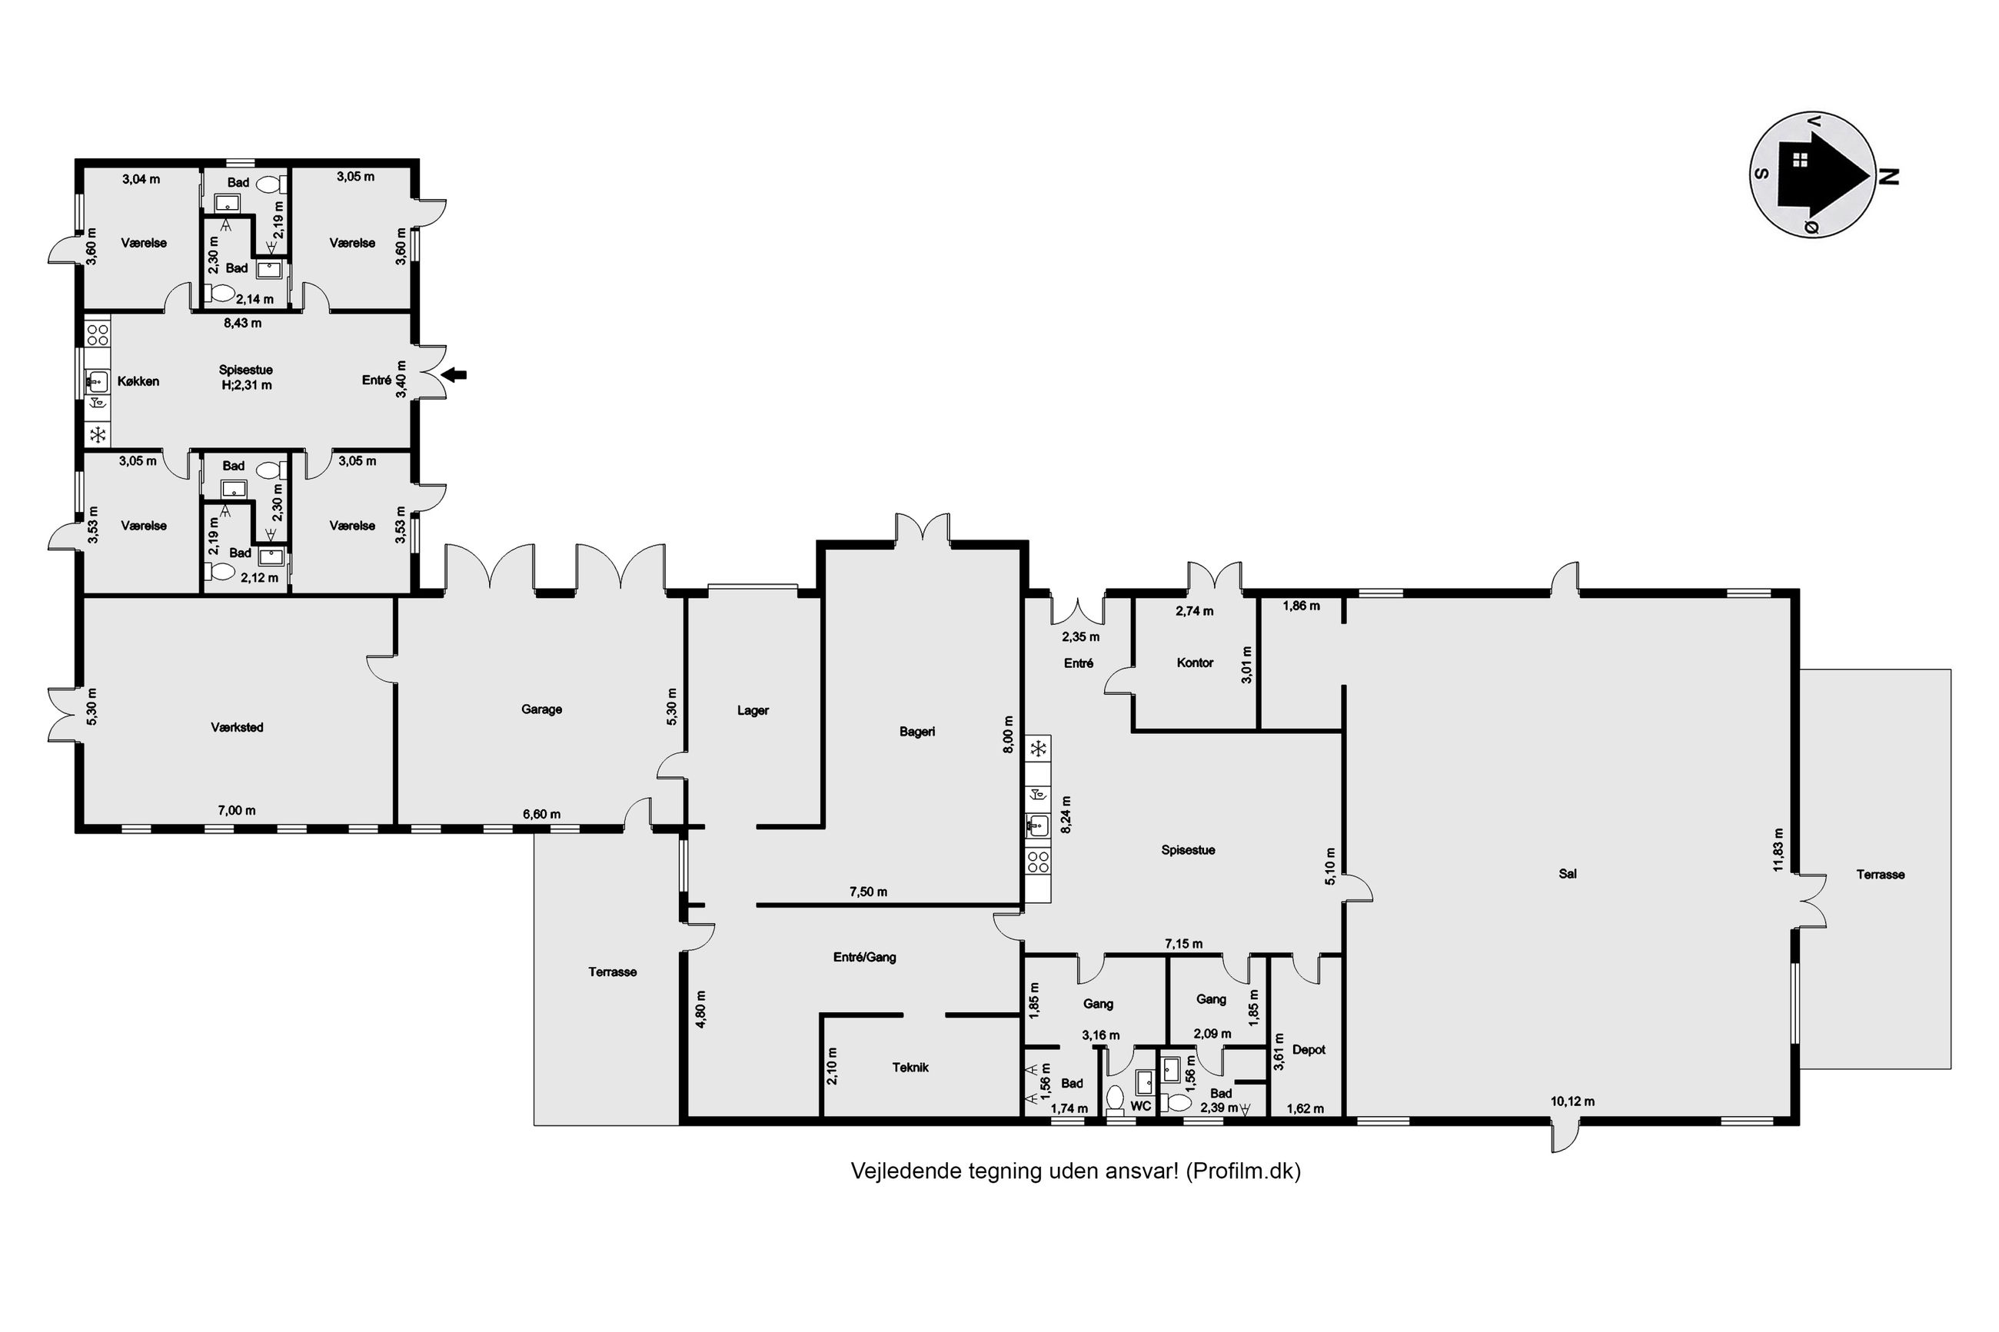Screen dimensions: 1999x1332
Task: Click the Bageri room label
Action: [916, 732]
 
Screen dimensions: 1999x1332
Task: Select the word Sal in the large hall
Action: [1568, 873]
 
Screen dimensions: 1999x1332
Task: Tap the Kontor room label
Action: [1195, 663]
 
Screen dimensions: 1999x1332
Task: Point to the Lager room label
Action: [753, 710]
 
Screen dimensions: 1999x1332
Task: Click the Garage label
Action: [541, 709]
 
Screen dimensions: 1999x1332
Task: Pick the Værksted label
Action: [237, 727]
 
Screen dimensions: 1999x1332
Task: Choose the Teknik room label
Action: [910, 1068]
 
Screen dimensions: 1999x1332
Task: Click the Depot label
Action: [1309, 1050]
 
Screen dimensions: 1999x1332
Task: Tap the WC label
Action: [1140, 1106]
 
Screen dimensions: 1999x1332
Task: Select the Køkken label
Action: [138, 381]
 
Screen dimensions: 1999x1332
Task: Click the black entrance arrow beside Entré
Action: [456, 374]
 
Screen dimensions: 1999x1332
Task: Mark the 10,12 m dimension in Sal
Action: [1572, 1101]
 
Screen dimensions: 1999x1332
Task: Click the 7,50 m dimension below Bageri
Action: [868, 892]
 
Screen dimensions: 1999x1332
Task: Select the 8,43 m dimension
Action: [242, 323]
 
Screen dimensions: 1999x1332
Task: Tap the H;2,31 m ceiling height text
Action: [245, 385]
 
